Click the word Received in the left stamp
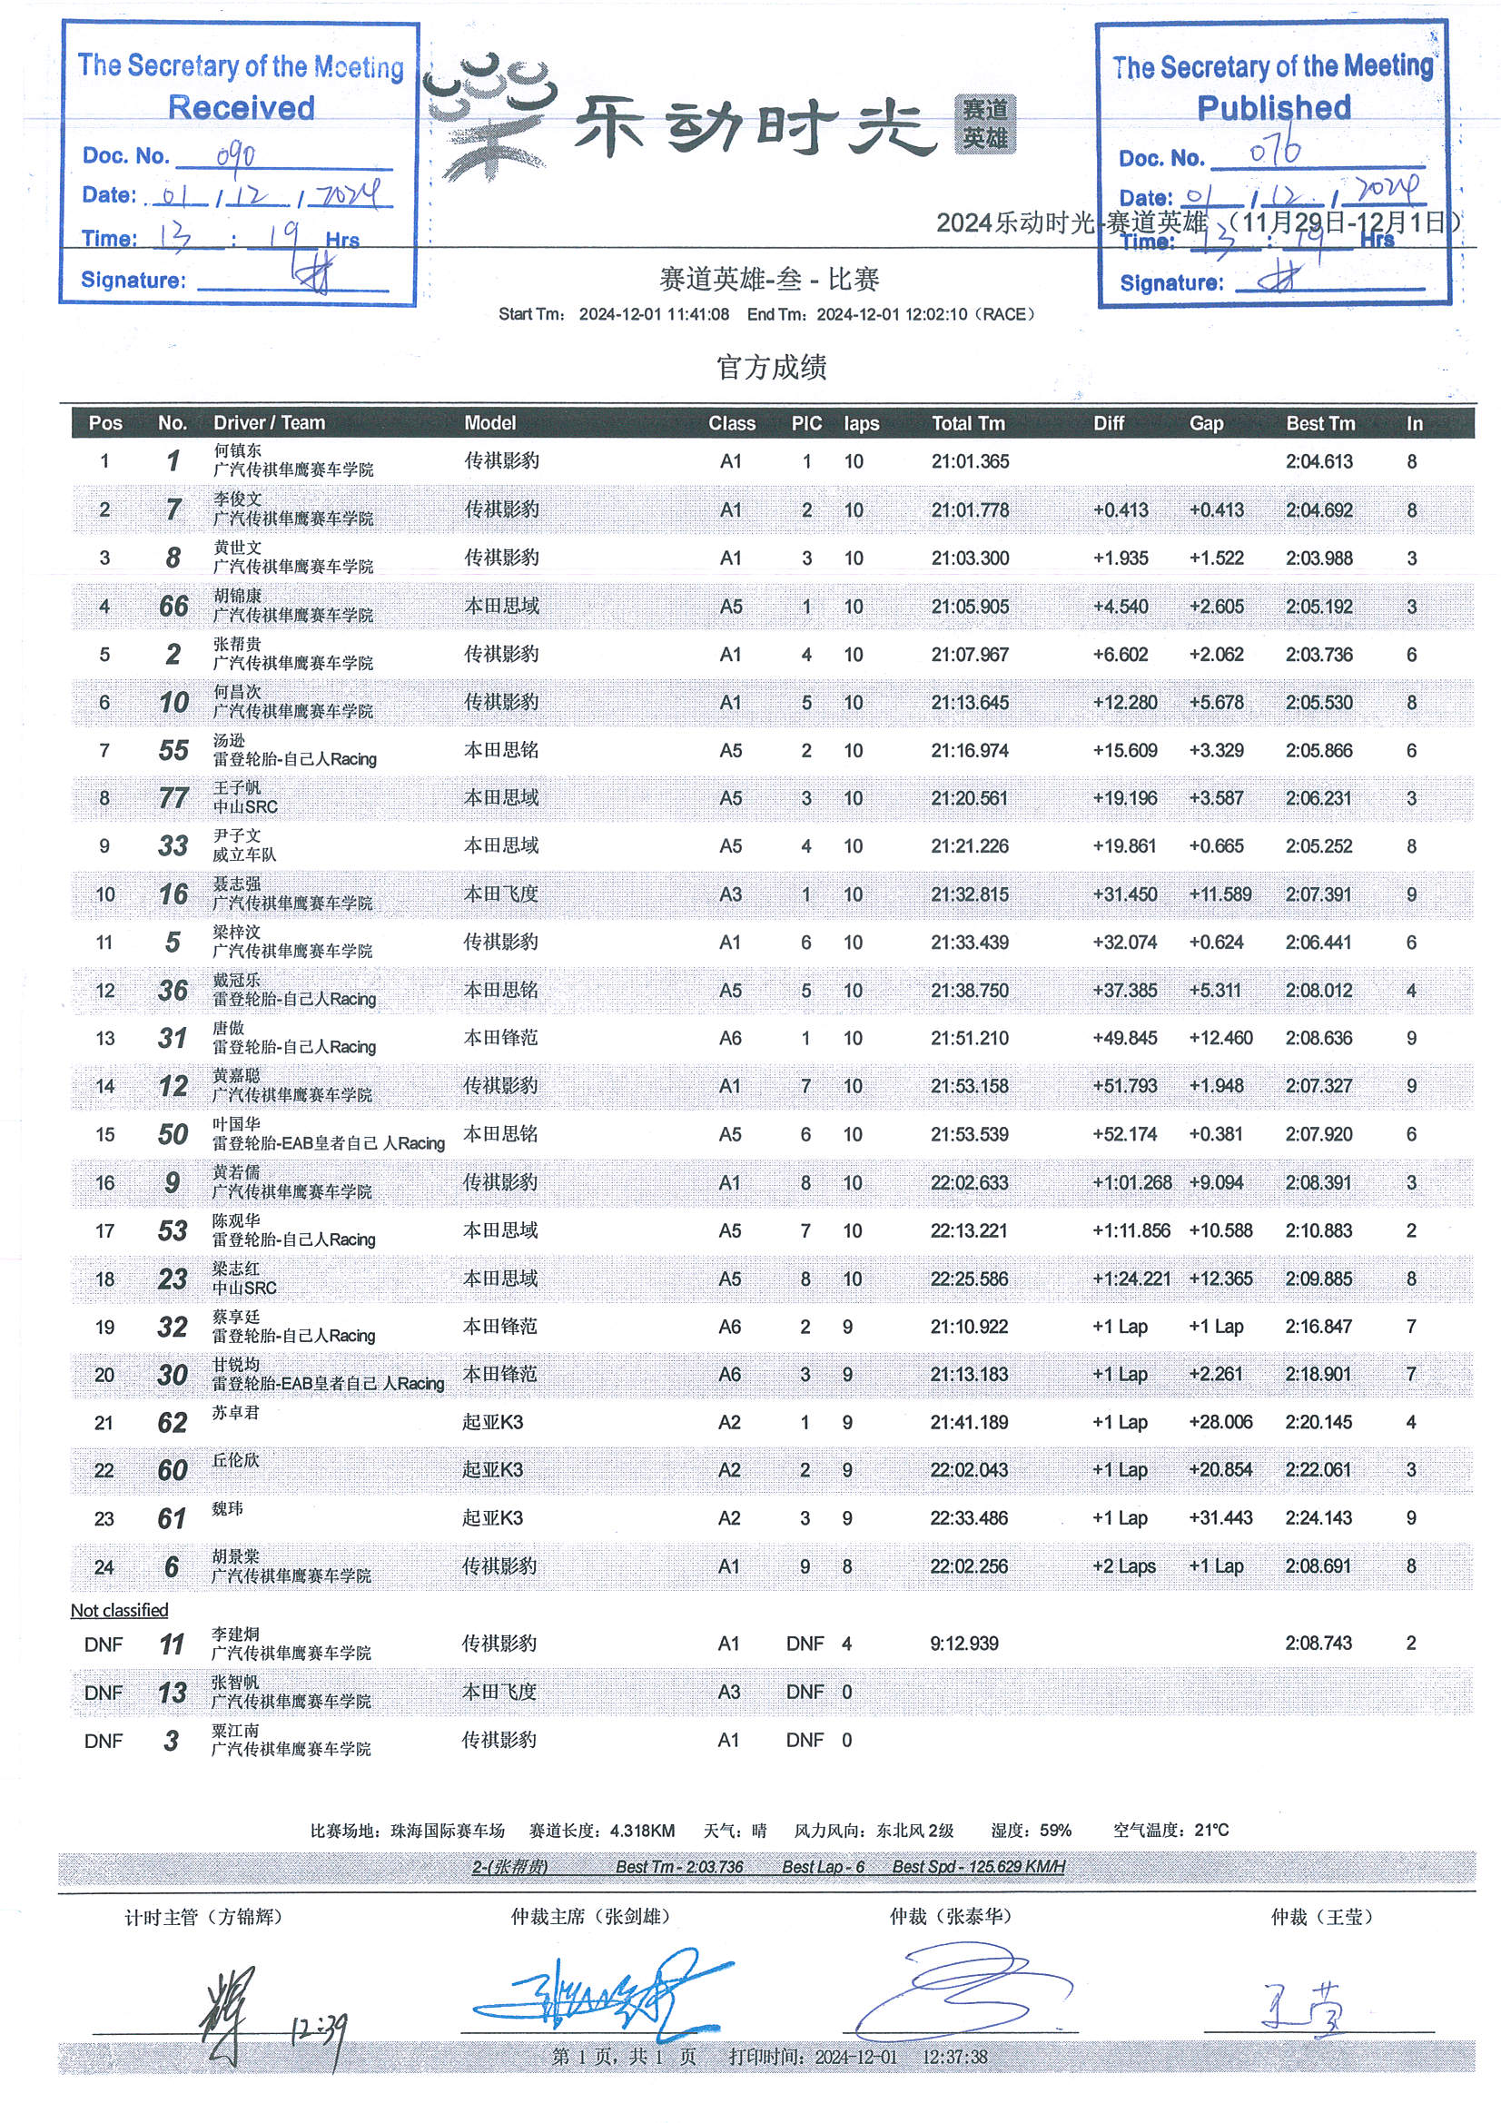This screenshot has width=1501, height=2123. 242,107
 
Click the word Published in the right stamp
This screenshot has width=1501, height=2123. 1273,107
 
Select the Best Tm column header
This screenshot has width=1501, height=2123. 1319,423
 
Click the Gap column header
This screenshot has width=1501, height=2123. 1206,423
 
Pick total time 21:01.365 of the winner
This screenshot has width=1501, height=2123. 970,461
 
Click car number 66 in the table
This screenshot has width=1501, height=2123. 173,607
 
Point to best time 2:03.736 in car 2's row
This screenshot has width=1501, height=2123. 1318,655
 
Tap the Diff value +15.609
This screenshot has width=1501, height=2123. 1124,750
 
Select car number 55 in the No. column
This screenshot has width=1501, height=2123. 173,750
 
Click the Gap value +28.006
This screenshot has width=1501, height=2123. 1220,1422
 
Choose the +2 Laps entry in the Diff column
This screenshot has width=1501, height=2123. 1123,1566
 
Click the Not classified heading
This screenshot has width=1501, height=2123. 119,1610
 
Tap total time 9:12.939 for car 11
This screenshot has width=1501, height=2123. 964,1644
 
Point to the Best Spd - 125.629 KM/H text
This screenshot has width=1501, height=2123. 979,1867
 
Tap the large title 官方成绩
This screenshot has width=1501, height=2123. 771,367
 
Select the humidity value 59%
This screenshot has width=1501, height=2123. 1055,1831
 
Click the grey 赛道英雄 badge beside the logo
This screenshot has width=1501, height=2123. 985,123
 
